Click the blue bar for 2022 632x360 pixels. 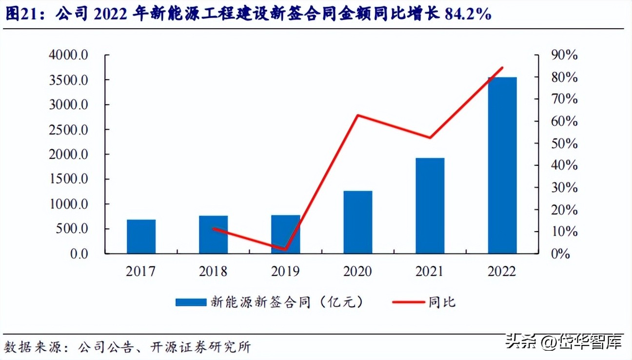(502, 165)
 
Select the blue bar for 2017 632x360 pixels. (141, 237)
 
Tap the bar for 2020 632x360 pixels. (357, 222)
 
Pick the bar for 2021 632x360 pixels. (430, 205)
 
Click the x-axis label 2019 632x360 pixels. (285, 271)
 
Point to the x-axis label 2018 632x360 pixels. (213, 271)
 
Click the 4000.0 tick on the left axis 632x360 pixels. (68, 55)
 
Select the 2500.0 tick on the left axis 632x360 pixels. (68, 130)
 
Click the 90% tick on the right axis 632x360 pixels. (564, 55)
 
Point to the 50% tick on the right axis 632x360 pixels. (564, 143)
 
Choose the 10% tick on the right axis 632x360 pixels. (564, 232)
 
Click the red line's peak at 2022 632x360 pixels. (502, 68)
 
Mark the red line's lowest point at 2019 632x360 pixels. (285, 249)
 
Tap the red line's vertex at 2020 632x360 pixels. (357, 115)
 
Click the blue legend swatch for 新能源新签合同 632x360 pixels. (191, 302)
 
